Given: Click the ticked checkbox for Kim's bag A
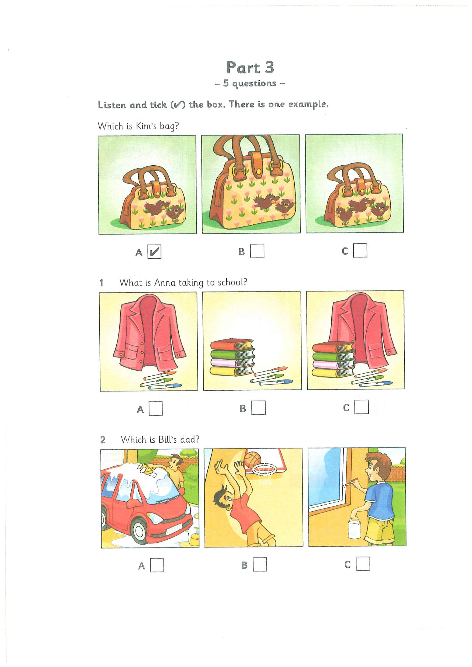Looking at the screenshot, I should [154, 252].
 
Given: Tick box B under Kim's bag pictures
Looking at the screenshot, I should [257, 251].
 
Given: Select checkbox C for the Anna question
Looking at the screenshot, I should [361, 407].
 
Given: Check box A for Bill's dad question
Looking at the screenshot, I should [157, 565].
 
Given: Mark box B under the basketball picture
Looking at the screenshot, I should [260, 564].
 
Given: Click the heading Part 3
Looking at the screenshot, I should [250, 68].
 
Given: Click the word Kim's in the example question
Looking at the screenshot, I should [146, 126].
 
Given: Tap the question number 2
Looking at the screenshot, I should [103, 440].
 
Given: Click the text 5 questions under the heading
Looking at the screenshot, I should [250, 83].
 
